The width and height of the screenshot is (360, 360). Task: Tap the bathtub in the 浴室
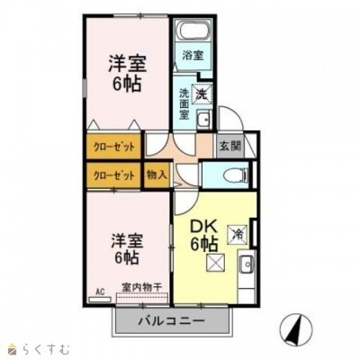coord(192,32)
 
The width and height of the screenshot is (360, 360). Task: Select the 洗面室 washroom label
coord(184,103)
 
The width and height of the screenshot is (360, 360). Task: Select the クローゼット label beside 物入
coord(113,175)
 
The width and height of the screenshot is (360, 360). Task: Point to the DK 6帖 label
coord(203,233)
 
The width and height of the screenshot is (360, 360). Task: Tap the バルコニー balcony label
coord(171,320)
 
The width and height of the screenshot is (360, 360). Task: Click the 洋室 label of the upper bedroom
coord(128,67)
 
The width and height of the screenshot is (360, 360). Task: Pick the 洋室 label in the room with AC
coord(128,240)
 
